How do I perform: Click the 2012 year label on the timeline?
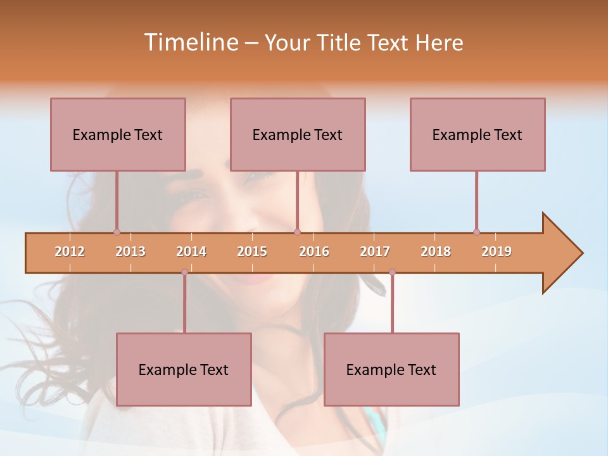[70, 251]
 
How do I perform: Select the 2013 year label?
[130, 251]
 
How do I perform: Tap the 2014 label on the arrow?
[191, 251]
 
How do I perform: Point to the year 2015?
[252, 251]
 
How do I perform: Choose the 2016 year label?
[314, 251]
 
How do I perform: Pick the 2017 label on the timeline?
[375, 251]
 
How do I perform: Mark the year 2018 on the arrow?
[436, 251]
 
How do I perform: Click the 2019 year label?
[497, 251]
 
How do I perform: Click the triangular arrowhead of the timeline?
[560, 253]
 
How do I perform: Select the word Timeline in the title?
[189, 42]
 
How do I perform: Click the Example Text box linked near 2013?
[118, 134]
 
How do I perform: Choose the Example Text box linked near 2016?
[298, 134]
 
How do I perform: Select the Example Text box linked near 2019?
[478, 134]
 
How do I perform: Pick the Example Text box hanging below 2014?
[184, 369]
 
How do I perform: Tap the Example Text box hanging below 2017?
[391, 369]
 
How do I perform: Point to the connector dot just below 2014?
[184, 272]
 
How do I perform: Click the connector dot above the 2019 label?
[476, 232]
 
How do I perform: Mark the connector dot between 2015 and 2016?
[297, 232]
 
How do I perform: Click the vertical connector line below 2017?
[392, 304]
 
